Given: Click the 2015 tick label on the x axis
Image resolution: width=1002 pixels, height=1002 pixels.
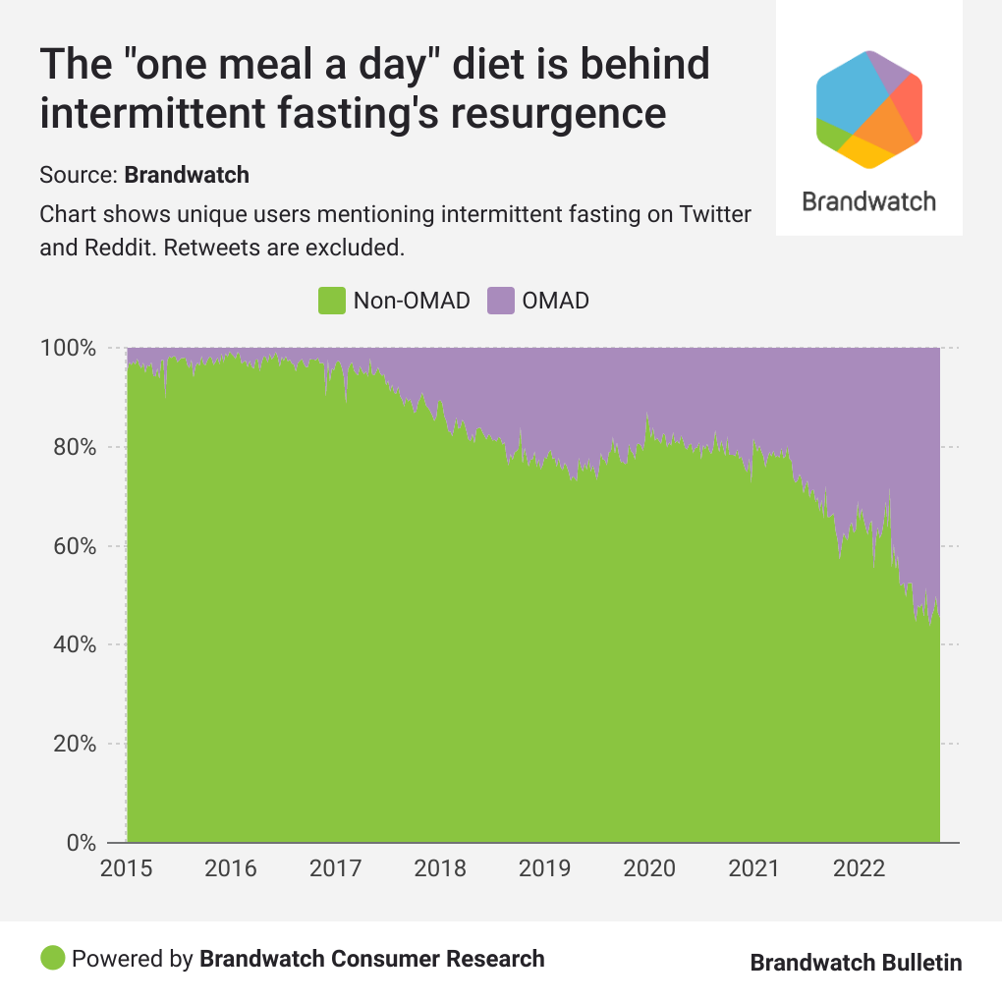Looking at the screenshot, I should click(x=127, y=869).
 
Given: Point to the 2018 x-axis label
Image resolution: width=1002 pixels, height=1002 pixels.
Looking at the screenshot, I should click(x=439, y=869).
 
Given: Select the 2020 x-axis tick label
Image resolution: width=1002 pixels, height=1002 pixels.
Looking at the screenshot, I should click(x=648, y=869).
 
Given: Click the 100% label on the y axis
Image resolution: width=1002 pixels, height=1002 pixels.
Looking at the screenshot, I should click(x=68, y=349).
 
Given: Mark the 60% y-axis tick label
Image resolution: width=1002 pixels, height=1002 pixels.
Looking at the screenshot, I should click(x=74, y=546).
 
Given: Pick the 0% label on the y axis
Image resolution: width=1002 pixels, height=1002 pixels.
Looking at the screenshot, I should click(x=80, y=843).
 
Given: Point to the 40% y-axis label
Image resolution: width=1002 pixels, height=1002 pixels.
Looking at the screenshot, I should click(x=74, y=645).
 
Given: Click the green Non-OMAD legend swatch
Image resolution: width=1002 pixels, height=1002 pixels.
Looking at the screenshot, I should click(x=332, y=301).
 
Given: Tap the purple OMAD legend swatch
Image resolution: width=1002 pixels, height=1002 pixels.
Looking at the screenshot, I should click(x=501, y=301).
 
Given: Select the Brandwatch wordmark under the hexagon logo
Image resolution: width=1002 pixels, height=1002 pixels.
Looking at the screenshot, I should click(x=868, y=202).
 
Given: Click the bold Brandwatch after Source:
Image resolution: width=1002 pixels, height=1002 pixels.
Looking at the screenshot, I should click(x=187, y=176).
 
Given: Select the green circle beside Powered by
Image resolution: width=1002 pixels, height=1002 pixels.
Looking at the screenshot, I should click(x=53, y=958).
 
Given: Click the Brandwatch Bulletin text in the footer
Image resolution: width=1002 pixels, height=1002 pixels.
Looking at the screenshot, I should click(x=856, y=963).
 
